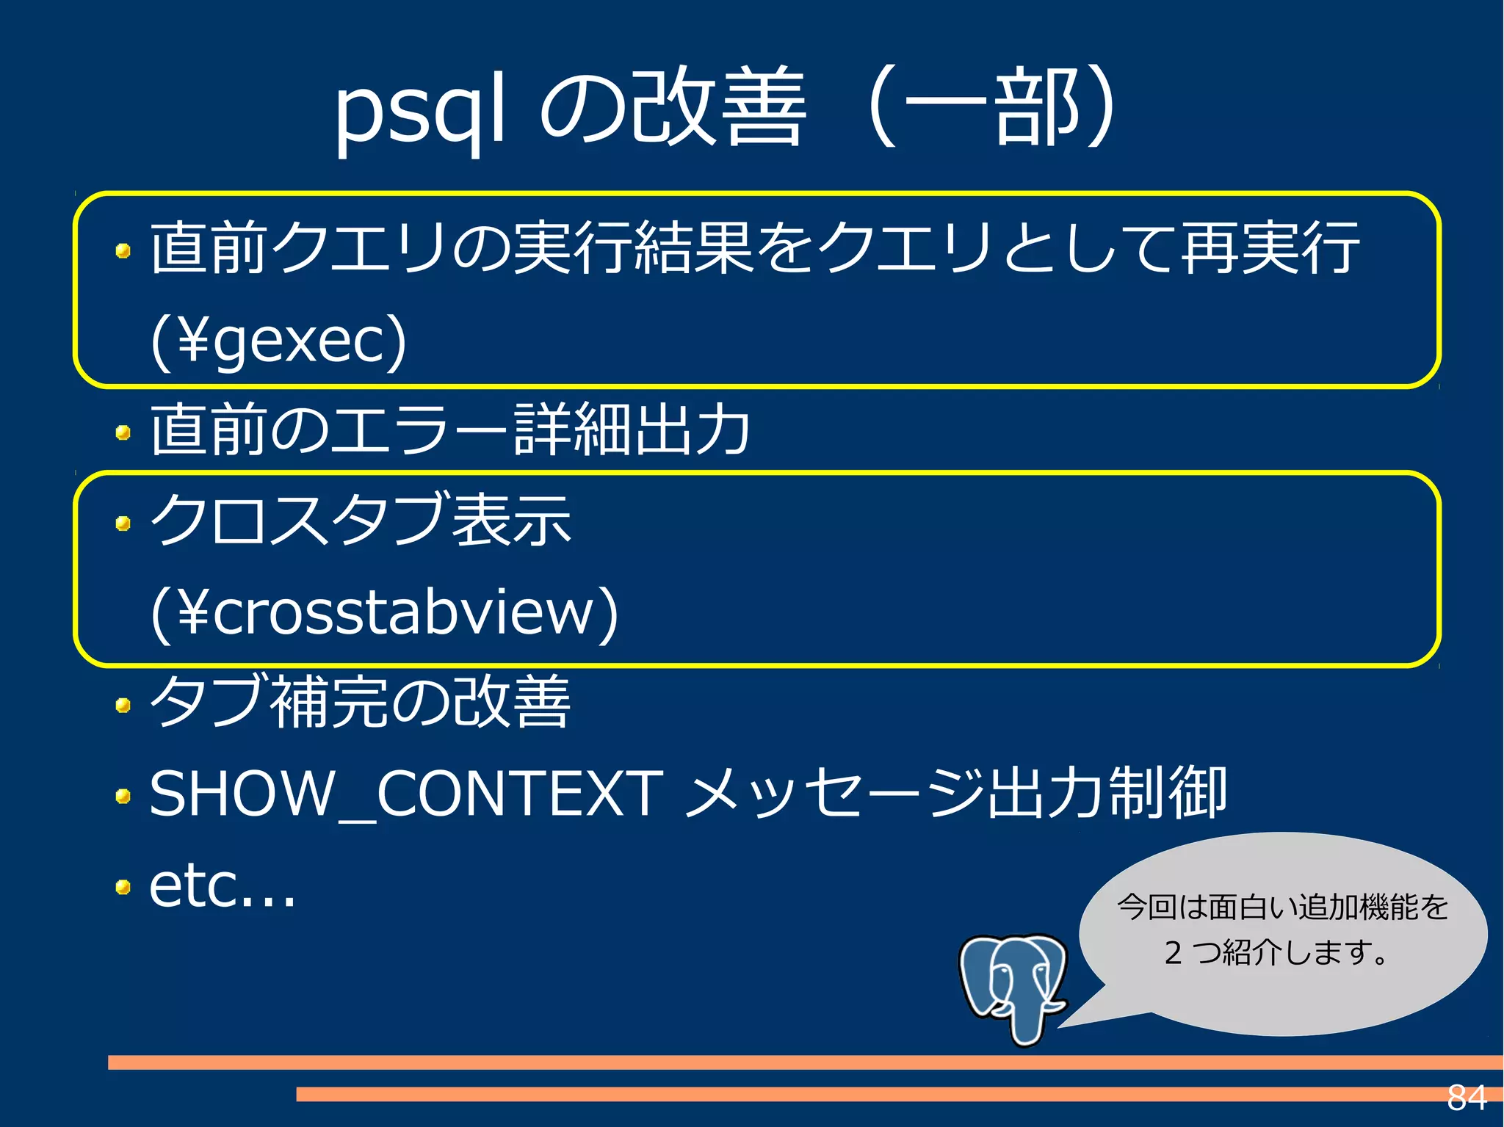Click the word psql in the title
point(419,110)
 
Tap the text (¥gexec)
point(278,341)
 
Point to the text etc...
point(221,886)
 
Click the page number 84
point(1466,1098)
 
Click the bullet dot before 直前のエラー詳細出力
point(123,432)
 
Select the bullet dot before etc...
point(123,888)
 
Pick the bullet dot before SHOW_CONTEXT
point(123,797)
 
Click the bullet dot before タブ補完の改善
point(123,706)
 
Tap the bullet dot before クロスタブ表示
point(123,523)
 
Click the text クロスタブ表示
point(360,520)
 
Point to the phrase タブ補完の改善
point(360,702)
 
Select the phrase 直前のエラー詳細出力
point(449,430)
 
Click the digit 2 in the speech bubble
point(1173,952)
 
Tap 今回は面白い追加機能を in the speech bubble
point(1282,907)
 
